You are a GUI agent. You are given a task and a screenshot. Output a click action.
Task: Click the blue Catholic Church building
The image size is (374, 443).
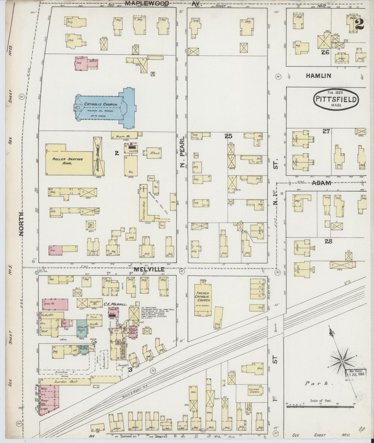point(104,108)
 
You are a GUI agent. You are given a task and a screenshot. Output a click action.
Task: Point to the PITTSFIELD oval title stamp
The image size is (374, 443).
point(336,99)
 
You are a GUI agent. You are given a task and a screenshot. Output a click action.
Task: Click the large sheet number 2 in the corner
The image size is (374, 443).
point(360,24)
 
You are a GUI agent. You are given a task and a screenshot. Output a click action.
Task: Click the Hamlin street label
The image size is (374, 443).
point(318,76)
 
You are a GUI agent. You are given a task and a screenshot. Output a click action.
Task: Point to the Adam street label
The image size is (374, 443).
point(321,183)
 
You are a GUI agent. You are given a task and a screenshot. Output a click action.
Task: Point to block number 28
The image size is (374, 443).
point(328,241)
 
